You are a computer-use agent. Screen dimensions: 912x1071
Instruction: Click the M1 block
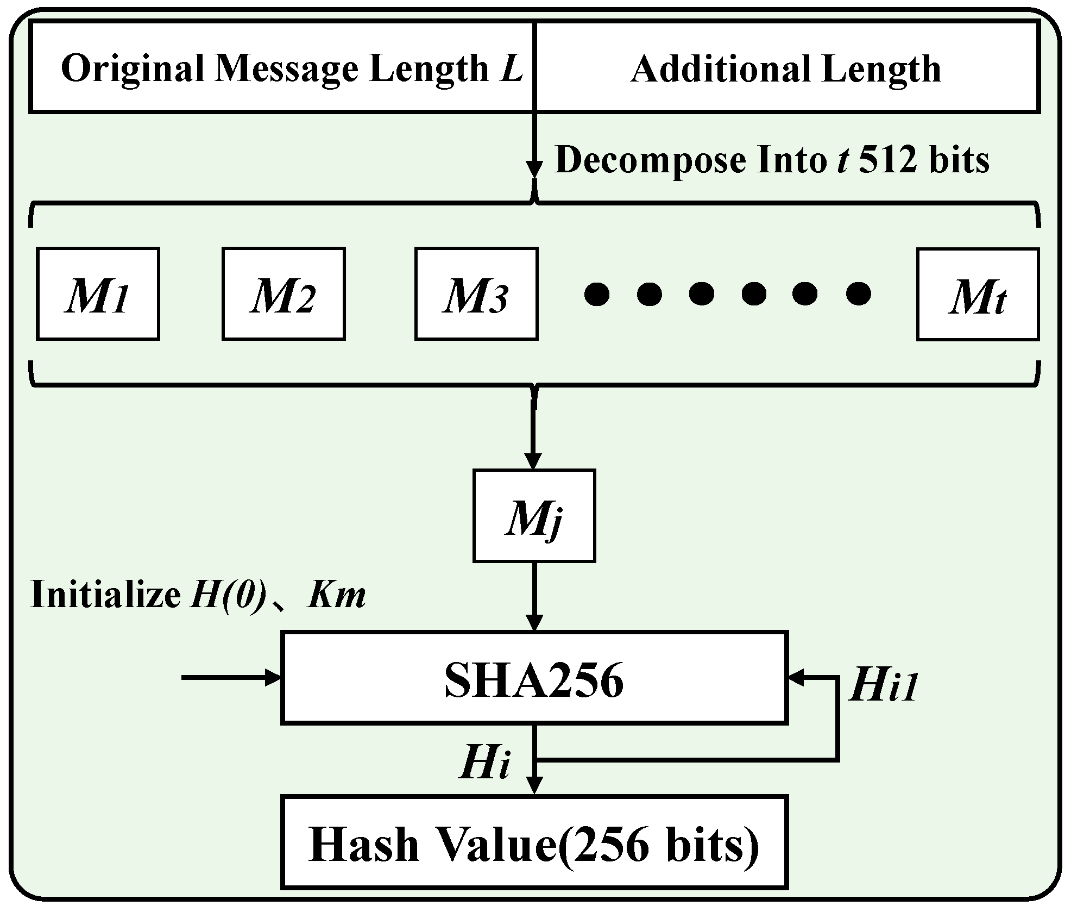click(98, 294)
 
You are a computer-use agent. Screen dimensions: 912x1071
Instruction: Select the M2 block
click(283, 294)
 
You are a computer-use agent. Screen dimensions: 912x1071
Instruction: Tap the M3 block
click(476, 294)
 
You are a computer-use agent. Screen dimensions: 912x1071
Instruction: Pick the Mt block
click(978, 294)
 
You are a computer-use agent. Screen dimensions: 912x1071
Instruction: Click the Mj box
click(534, 515)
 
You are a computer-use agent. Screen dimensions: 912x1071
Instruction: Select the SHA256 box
click(534, 678)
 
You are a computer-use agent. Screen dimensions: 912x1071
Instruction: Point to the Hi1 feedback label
click(883, 685)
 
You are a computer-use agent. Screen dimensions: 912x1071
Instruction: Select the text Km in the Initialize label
click(337, 595)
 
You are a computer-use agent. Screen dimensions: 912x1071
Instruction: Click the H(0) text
click(229, 595)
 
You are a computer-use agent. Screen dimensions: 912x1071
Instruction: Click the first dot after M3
click(596, 294)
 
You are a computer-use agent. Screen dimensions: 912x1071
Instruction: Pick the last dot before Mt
click(858, 294)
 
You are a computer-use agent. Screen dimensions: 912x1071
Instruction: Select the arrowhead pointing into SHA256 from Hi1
click(795, 677)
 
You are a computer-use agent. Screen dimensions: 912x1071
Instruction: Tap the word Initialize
click(106, 595)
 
